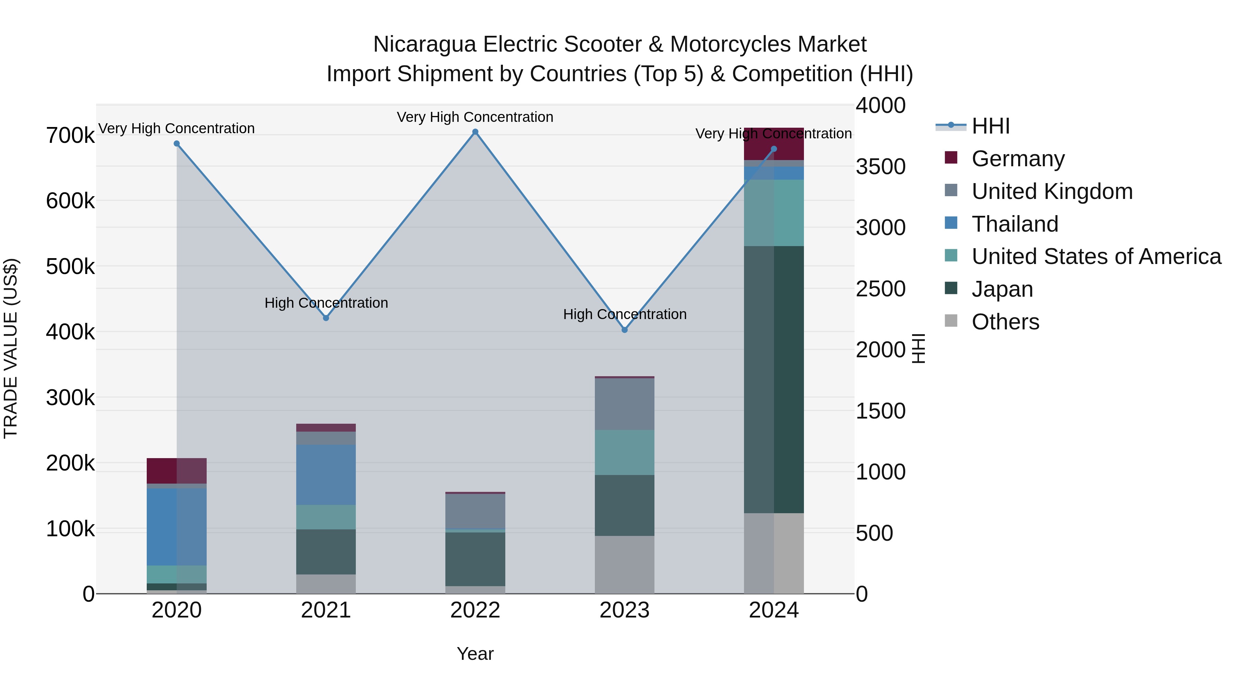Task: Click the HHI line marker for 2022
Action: point(475,132)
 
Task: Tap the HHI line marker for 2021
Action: point(326,318)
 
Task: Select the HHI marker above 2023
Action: point(624,330)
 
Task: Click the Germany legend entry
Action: point(1017,159)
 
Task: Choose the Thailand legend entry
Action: point(1015,224)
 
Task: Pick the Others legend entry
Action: point(1005,322)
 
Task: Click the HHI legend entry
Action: point(990,126)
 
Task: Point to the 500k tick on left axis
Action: point(70,266)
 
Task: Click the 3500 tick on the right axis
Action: point(880,167)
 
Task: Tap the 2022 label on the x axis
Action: point(475,610)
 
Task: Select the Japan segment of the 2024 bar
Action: point(774,380)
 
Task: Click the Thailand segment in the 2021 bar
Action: point(326,475)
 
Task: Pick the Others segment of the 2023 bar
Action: point(624,565)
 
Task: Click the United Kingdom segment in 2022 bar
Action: point(475,511)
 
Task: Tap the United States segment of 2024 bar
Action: point(774,213)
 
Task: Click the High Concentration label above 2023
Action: point(624,315)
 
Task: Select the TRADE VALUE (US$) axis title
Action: point(11,348)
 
